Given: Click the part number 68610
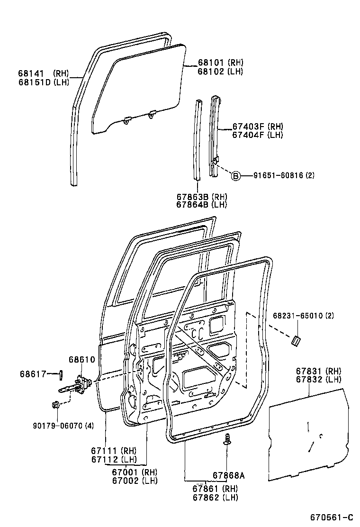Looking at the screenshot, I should pos(82,360).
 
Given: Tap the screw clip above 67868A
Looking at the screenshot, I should pos(228,438).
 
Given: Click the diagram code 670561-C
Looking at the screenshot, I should pos(332,517).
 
